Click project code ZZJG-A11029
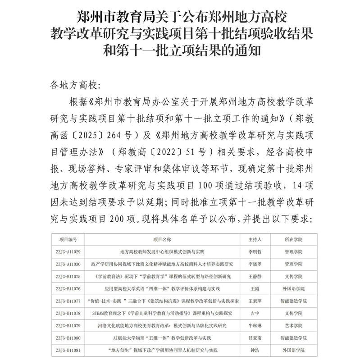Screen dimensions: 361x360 68,251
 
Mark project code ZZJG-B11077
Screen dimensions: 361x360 68,301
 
